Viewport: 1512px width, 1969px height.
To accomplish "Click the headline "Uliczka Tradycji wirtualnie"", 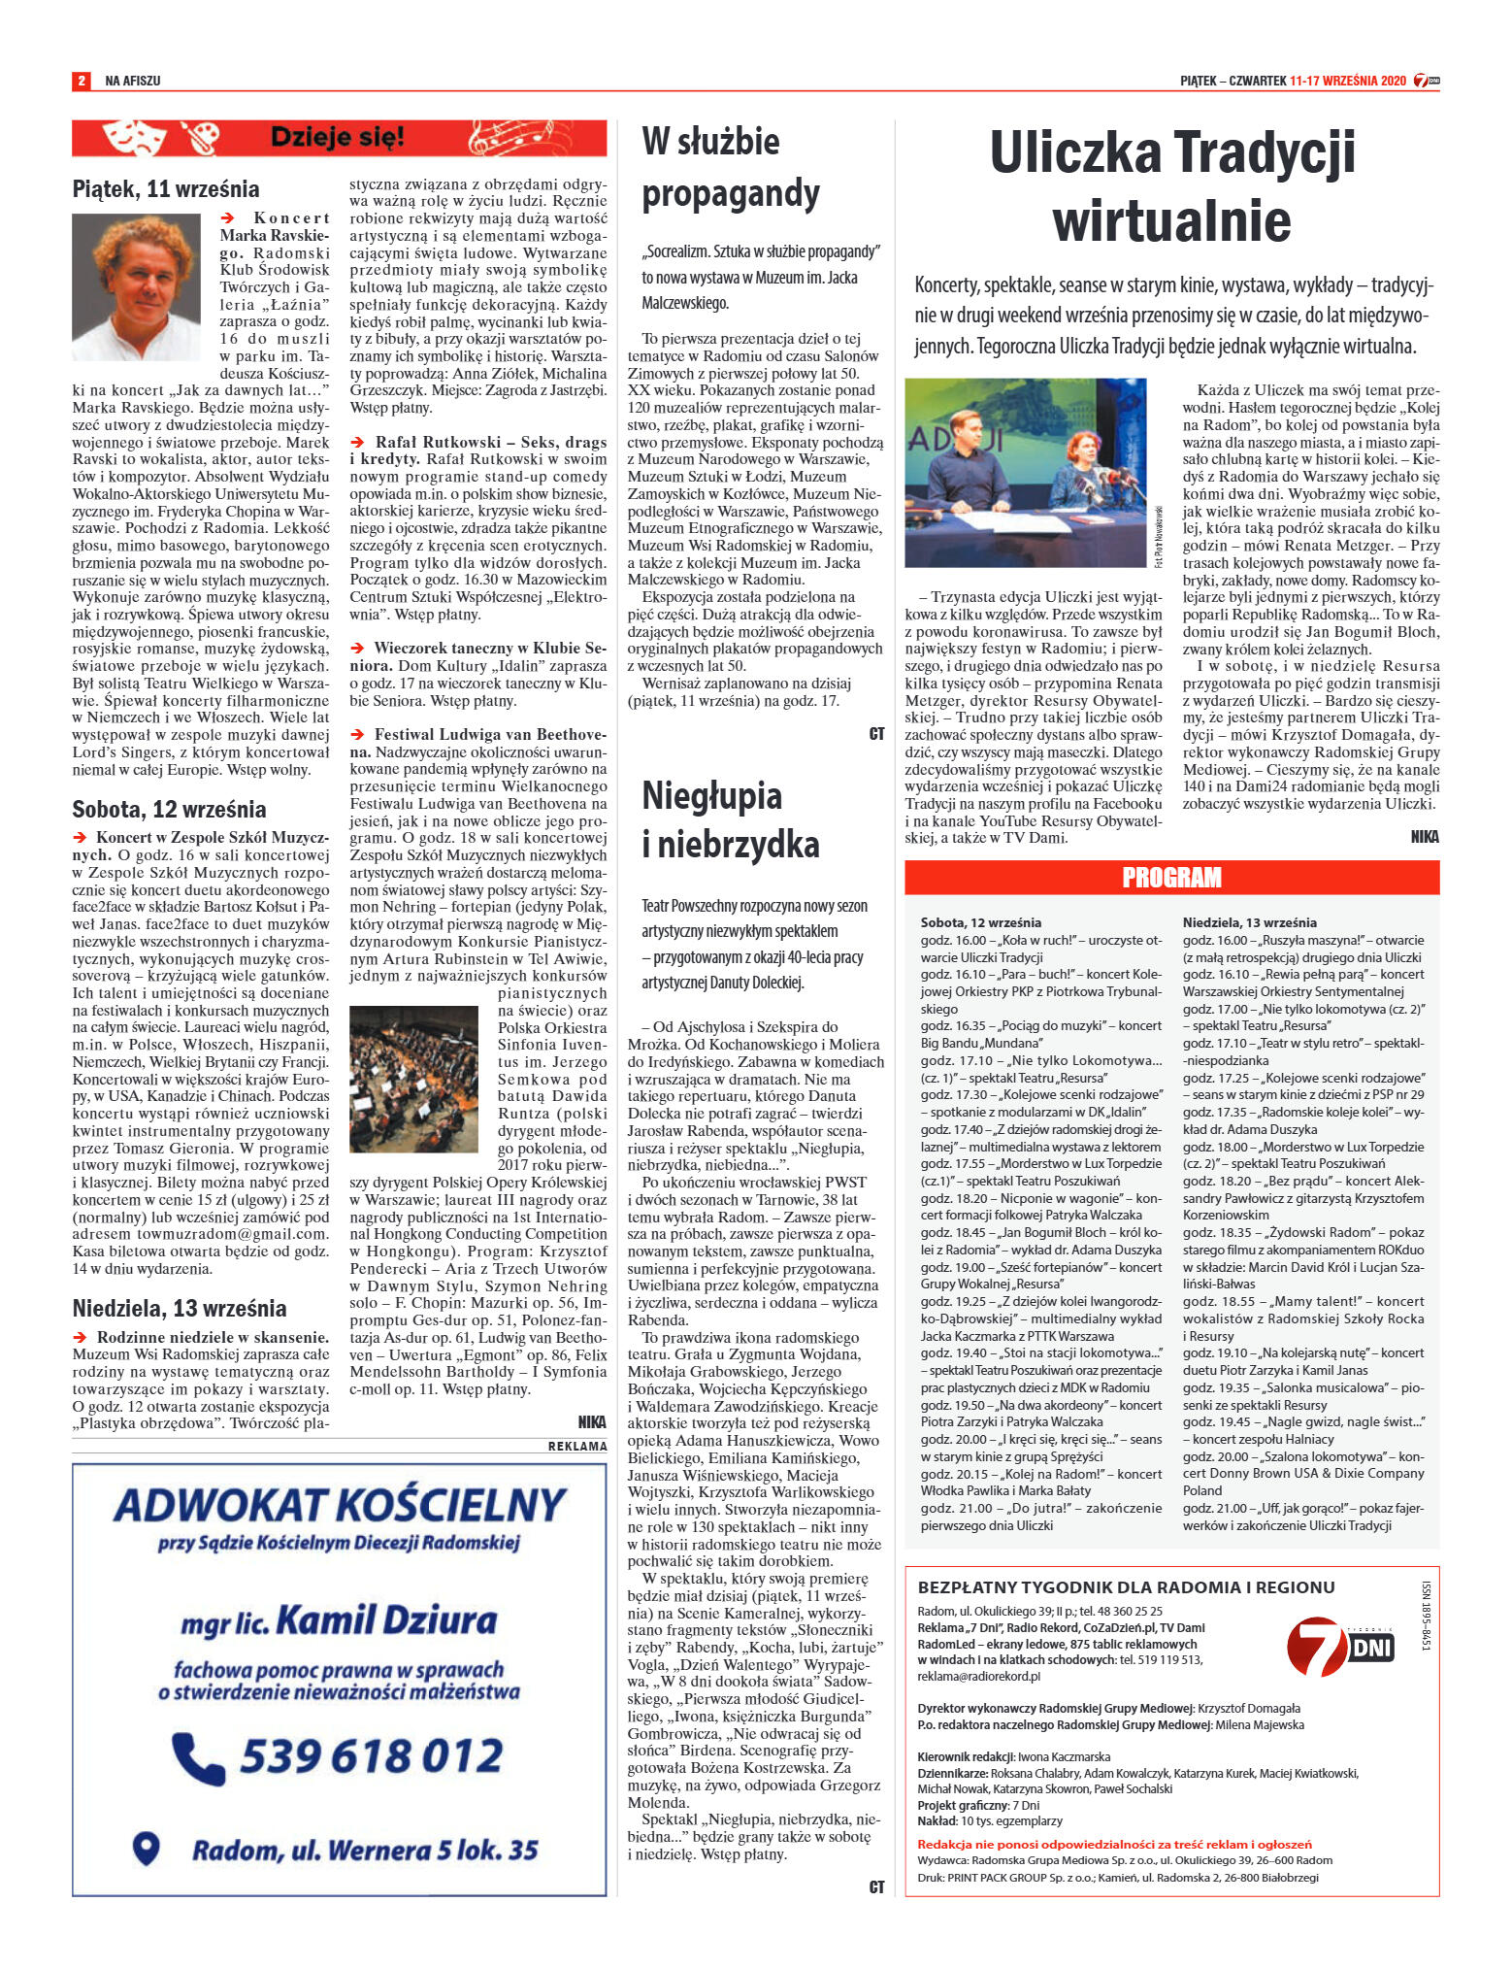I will [1171, 185].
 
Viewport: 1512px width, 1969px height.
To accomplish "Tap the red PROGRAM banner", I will [1171, 878].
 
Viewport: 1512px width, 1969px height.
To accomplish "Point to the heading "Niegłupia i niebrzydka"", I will [731, 819].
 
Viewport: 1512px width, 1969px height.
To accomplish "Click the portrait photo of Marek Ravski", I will [136, 287].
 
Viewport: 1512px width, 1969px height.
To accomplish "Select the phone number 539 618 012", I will [372, 1755].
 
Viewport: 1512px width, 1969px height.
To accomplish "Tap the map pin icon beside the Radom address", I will [146, 1848].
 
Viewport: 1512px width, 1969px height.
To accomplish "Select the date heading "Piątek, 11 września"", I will [166, 189].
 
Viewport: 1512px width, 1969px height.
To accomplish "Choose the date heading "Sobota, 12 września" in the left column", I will [169, 810].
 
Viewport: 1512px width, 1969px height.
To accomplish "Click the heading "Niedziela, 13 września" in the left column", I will [180, 1308].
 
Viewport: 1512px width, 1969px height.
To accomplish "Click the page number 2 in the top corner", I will [82, 81].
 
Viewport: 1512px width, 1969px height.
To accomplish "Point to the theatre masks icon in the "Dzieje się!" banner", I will [134, 138].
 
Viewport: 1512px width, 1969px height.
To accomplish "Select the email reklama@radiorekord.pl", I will [979, 1676].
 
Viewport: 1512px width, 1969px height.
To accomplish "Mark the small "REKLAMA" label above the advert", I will [577, 1446].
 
